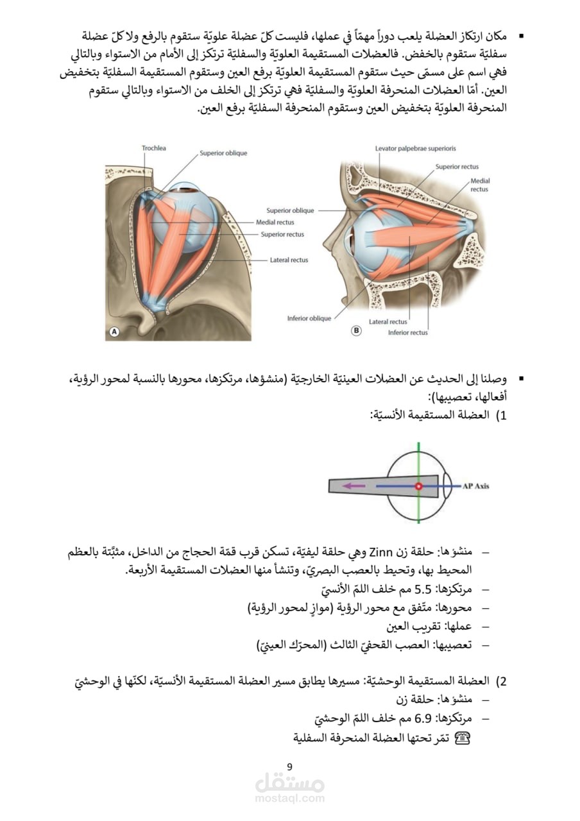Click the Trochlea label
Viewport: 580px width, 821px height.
coord(153,148)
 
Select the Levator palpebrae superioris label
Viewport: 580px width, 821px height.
coord(415,148)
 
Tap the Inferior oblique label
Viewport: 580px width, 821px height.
coord(309,318)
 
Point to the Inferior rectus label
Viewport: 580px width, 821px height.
coord(408,332)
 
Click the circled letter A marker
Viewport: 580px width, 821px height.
coord(114,332)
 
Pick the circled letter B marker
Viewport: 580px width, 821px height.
coord(356,331)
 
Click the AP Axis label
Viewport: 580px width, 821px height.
coord(475,486)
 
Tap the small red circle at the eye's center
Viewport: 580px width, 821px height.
coord(418,487)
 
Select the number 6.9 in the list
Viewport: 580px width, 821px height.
coord(427,717)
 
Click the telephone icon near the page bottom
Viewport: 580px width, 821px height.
coord(463,738)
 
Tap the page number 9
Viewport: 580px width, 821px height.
coord(289,766)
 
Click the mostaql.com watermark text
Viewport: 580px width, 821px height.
coord(289,799)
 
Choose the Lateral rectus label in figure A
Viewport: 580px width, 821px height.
coord(289,260)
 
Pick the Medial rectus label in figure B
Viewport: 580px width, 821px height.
coord(479,185)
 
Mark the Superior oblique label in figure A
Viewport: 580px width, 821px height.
coord(223,153)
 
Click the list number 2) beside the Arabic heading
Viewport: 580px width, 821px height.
coord(502,681)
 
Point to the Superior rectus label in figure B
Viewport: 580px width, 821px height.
coord(457,167)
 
